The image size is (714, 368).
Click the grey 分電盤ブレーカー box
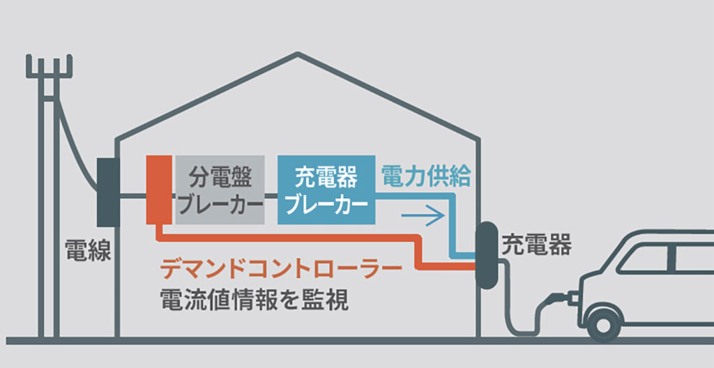point(220,190)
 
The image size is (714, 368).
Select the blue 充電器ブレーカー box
point(326,190)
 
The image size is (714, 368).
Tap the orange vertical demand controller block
point(159,190)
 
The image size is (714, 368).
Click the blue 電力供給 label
point(426,176)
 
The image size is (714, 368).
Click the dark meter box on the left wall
point(108,192)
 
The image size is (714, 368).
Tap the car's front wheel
point(603,322)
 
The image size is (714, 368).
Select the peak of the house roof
point(298,55)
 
